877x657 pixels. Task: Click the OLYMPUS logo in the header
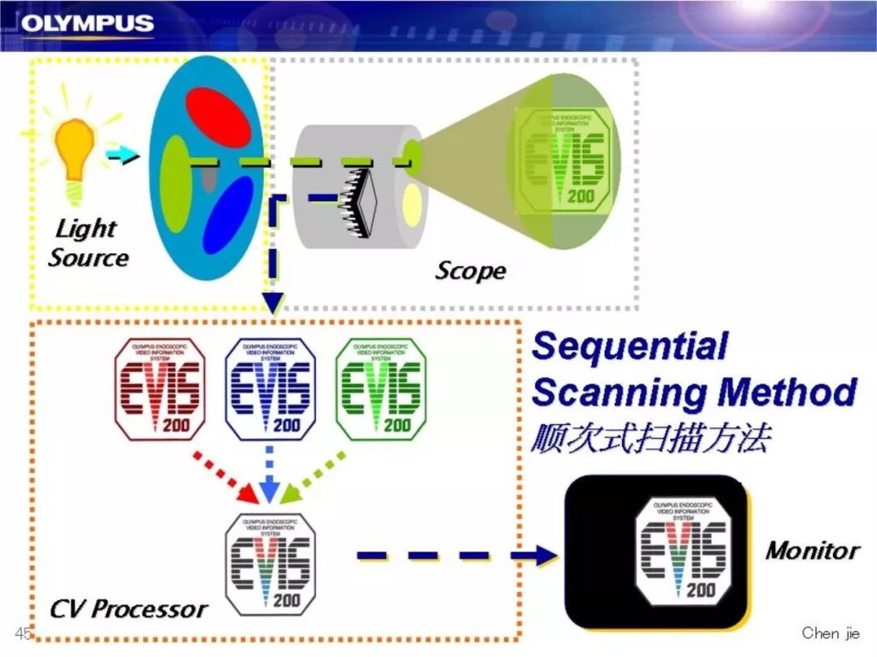(87, 24)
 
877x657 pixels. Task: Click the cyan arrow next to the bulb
(123, 155)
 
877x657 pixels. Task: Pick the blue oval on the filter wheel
(228, 215)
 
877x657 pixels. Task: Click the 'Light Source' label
(88, 243)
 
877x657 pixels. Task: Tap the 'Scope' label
(470, 270)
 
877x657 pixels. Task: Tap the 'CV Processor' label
(128, 608)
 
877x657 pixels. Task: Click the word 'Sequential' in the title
(629, 347)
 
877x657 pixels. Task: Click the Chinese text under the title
(650, 438)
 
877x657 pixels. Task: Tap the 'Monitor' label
(811, 551)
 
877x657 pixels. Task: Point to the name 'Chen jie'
(830, 633)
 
